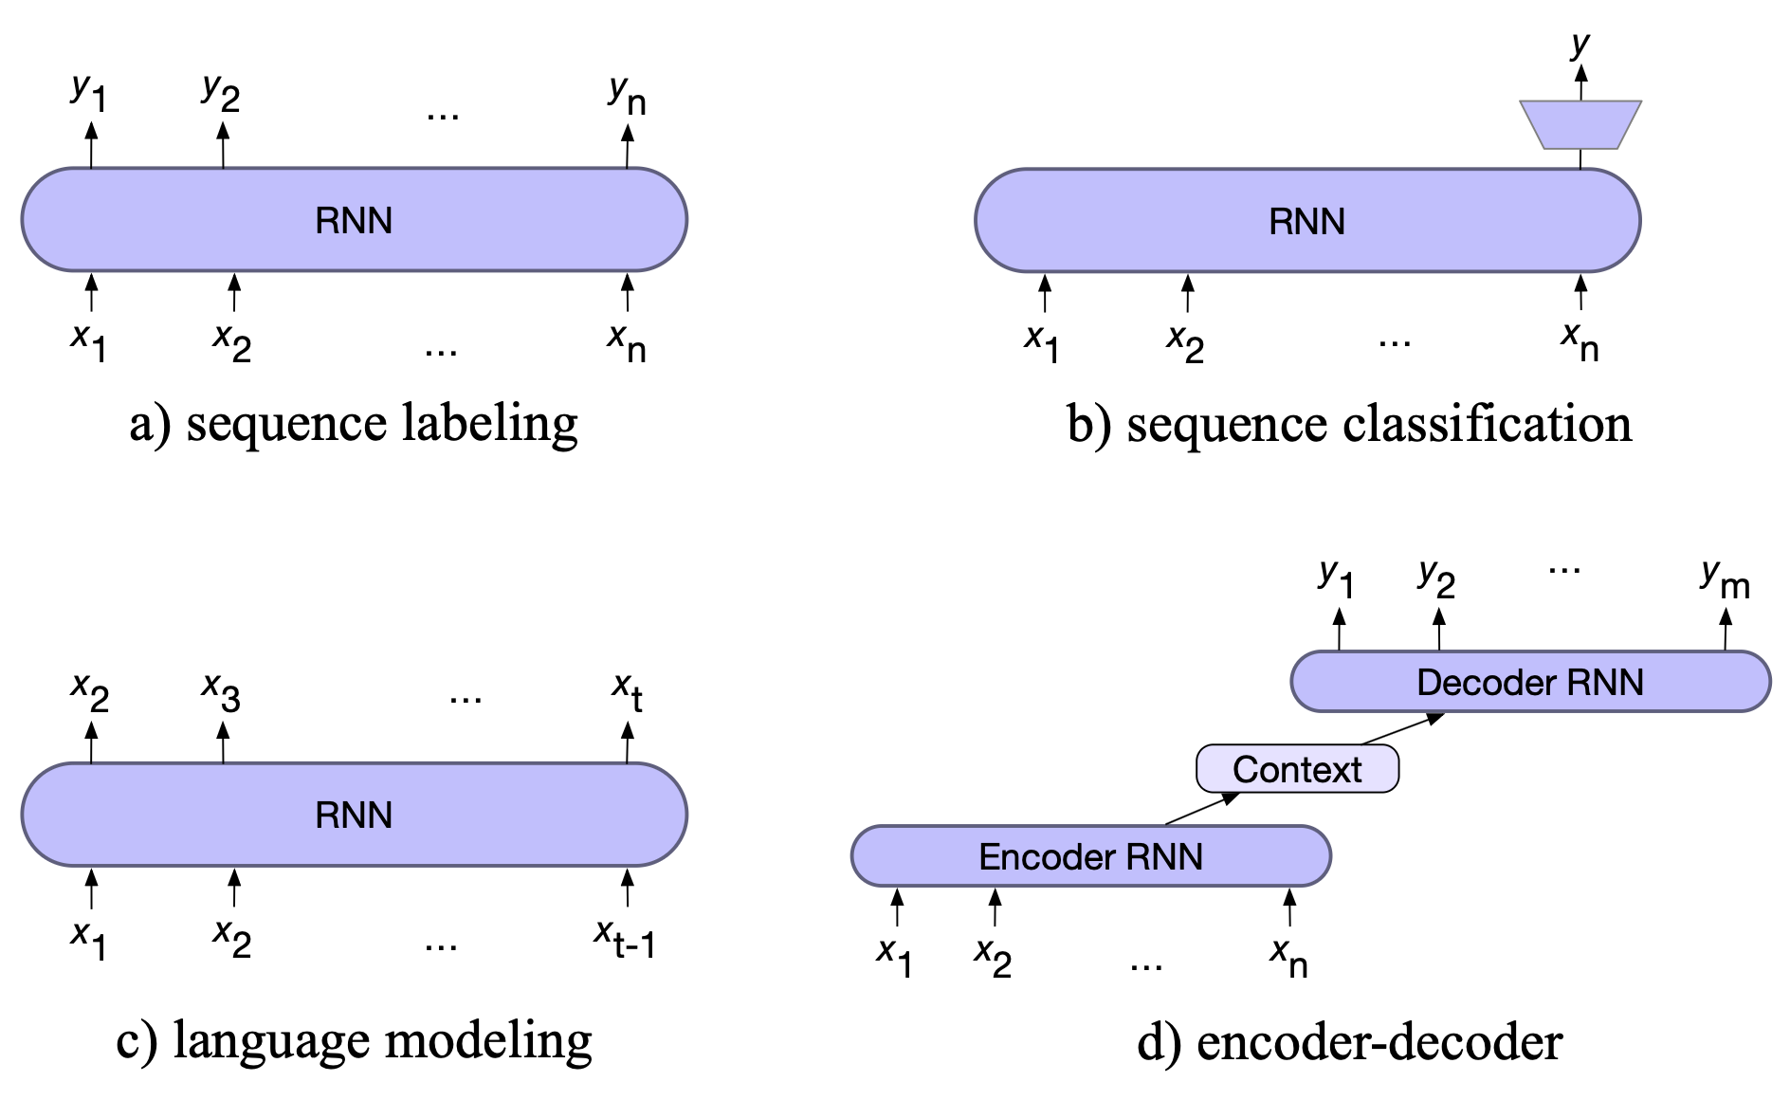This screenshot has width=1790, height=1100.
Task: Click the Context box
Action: click(1297, 769)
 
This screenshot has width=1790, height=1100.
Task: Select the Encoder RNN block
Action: click(1090, 856)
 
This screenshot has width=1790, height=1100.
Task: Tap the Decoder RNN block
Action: click(1529, 682)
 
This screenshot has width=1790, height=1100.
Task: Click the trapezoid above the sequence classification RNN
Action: click(1580, 124)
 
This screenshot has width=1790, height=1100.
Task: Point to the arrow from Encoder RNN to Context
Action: click(1201, 808)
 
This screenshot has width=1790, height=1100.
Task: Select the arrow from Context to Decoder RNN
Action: click(1402, 728)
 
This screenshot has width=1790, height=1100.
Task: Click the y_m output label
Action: click(1725, 578)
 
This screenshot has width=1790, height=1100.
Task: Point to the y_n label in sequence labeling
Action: click(627, 95)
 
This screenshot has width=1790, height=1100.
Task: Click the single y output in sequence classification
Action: click(1580, 44)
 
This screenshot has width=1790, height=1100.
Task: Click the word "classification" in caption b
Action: click(1488, 423)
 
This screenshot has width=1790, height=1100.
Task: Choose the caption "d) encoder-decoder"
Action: click(1349, 1042)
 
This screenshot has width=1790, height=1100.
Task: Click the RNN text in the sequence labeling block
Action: click(354, 220)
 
